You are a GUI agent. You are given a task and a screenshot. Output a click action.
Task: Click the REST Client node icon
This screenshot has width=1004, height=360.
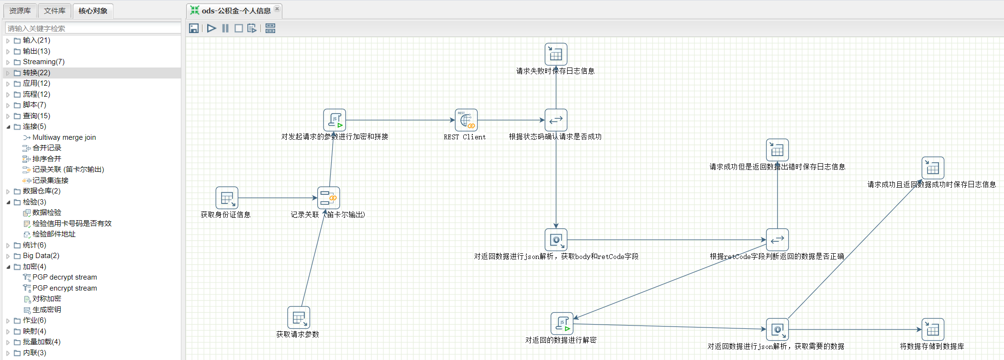tap(466, 120)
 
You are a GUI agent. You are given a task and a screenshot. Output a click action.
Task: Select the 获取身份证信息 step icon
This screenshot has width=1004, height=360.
tap(227, 198)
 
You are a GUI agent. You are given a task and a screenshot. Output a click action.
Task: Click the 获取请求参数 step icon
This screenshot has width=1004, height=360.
tap(299, 317)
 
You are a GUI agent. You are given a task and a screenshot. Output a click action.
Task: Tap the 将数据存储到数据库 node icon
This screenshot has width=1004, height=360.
tap(933, 329)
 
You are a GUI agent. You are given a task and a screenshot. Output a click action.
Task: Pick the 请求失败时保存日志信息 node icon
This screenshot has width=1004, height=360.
tap(556, 54)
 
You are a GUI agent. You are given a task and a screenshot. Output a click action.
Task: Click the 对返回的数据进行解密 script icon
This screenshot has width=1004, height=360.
tap(562, 324)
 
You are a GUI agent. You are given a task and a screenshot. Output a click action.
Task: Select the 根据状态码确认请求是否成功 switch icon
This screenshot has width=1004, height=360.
tap(556, 120)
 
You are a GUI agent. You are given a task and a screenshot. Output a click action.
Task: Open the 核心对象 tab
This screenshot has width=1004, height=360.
tap(93, 11)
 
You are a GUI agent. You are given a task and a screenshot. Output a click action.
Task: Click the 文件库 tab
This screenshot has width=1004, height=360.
tap(55, 11)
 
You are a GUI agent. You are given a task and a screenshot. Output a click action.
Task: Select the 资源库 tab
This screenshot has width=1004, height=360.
tap(20, 11)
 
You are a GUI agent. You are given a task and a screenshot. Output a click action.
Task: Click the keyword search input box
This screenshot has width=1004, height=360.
tap(93, 28)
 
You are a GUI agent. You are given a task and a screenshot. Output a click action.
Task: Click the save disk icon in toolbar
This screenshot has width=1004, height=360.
tap(194, 28)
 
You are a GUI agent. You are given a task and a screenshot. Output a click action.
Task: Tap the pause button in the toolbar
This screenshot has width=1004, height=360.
tap(225, 28)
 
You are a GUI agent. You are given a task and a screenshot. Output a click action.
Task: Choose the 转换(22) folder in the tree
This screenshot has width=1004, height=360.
tap(36, 73)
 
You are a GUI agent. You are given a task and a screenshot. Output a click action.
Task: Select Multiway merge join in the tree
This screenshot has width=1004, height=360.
tap(64, 137)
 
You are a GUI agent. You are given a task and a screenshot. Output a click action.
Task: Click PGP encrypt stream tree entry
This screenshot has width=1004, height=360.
tap(65, 288)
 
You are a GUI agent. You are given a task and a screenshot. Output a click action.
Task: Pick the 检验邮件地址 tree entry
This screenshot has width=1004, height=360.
tap(54, 234)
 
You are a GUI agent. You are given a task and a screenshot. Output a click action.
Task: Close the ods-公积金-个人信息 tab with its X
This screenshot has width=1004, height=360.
tap(277, 9)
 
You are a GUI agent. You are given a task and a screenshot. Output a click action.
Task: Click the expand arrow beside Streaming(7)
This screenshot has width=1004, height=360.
tap(8, 62)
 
